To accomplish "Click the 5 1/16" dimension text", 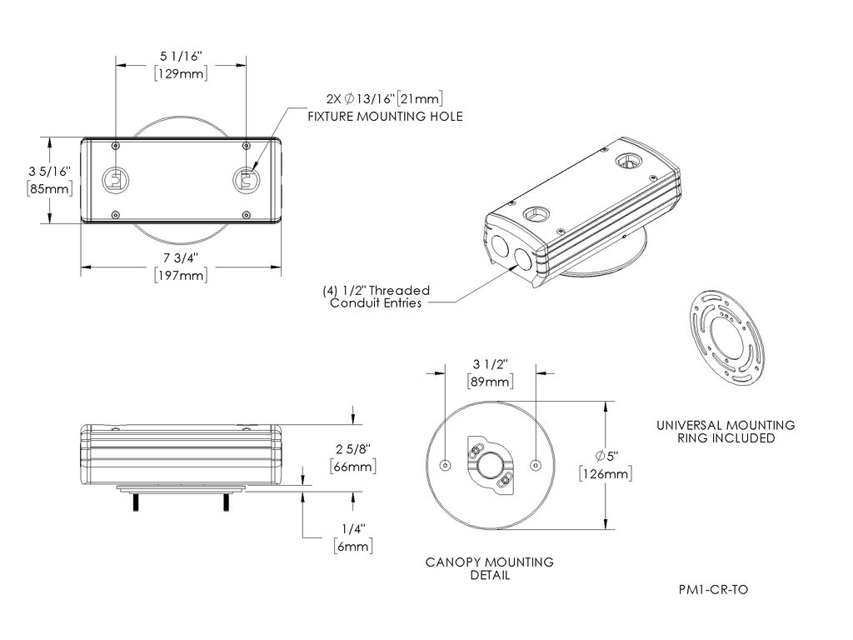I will click(181, 56).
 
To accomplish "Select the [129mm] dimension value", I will click(181, 73).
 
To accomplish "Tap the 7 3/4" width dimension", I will click(181, 257).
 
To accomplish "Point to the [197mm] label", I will click(181, 275).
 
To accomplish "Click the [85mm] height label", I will click(49, 188).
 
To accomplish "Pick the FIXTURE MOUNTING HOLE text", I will click(385, 116).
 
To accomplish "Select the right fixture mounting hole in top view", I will click(245, 179).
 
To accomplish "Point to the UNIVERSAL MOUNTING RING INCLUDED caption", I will click(726, 431).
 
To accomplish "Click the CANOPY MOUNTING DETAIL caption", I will click(490, 568).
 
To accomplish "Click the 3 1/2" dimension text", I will click(490, 364).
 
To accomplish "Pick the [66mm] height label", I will click(351, 465).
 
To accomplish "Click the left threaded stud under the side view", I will click(134, 503).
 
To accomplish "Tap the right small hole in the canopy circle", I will click(535, 464).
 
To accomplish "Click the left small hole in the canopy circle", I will click(445, 464).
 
